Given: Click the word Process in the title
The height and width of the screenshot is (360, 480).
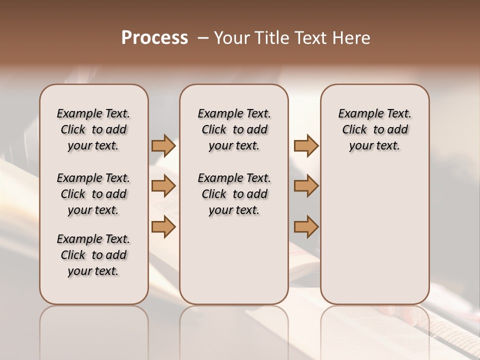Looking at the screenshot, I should coord(154,38).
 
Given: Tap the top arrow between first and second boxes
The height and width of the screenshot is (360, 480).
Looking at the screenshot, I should coord(163,146).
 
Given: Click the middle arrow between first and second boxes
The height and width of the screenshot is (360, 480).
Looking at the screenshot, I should coord(163,186).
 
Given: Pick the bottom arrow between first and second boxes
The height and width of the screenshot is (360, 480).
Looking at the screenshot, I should coord(163,227).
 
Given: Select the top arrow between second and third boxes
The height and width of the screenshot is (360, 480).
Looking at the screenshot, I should coord(306,146).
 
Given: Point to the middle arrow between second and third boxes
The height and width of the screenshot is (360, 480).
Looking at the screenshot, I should coord(306,186).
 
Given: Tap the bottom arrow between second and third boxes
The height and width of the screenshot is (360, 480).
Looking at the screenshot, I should coord(306,227).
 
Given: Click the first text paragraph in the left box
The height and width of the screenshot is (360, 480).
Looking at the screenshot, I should coord(93,129).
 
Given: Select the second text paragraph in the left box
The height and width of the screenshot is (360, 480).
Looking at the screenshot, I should coord(93,194).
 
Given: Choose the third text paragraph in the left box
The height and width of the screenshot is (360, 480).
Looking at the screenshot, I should coord(93,255).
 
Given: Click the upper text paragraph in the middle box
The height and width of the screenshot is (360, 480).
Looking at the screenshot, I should coord(234,129).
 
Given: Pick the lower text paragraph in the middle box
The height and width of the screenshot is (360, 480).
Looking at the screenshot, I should coord(234,194).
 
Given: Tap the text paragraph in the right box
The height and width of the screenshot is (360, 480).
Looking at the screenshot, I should coord(375,129).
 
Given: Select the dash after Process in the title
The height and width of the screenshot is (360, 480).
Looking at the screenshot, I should coord(203,38).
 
